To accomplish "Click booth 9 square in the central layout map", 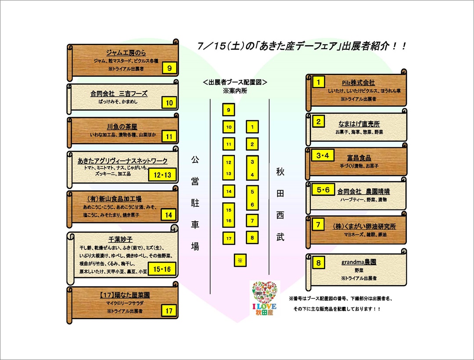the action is point(229,110).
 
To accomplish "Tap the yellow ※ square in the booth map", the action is point(240,260).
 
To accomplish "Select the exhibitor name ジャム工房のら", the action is point(126,53).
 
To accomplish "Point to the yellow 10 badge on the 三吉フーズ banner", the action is point(169,103).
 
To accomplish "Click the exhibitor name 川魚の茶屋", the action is point(122,126).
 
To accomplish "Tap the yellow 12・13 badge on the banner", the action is point(162,175).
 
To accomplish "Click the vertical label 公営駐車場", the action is point(195,203).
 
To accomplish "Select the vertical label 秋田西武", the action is point(280,204).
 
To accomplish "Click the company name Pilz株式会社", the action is point(358,83).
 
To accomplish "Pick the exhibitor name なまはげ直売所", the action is point(359,124).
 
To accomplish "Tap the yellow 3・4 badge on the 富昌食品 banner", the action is point(323,156).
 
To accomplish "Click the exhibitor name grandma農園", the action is point(359,262).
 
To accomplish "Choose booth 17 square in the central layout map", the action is point(229,238).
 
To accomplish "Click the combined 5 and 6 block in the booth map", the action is point(252,198).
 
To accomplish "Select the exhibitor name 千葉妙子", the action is point(120,239).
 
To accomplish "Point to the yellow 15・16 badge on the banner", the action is point(162,269).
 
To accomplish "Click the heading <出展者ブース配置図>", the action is point(235,82).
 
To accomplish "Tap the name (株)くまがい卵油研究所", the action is point(364,226).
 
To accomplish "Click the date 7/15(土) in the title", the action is point(220,46).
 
